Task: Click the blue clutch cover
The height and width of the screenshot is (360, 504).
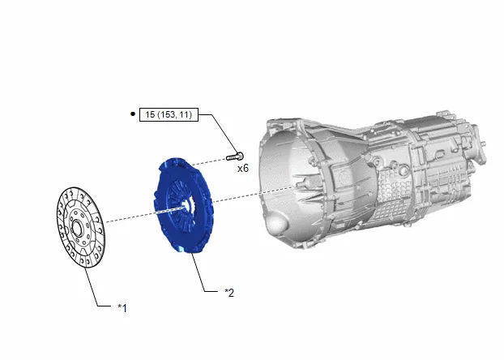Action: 183,206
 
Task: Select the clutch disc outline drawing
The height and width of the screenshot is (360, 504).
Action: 81,227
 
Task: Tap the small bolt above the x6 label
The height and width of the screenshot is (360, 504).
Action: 235,156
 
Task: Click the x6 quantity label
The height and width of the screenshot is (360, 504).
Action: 243,169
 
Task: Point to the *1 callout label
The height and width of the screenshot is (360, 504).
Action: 122,308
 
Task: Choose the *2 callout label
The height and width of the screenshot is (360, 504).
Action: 229,293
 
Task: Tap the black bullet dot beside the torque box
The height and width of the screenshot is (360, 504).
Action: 133,114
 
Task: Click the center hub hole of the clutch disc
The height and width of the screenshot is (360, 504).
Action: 77,229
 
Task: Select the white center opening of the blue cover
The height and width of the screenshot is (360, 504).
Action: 186,205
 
